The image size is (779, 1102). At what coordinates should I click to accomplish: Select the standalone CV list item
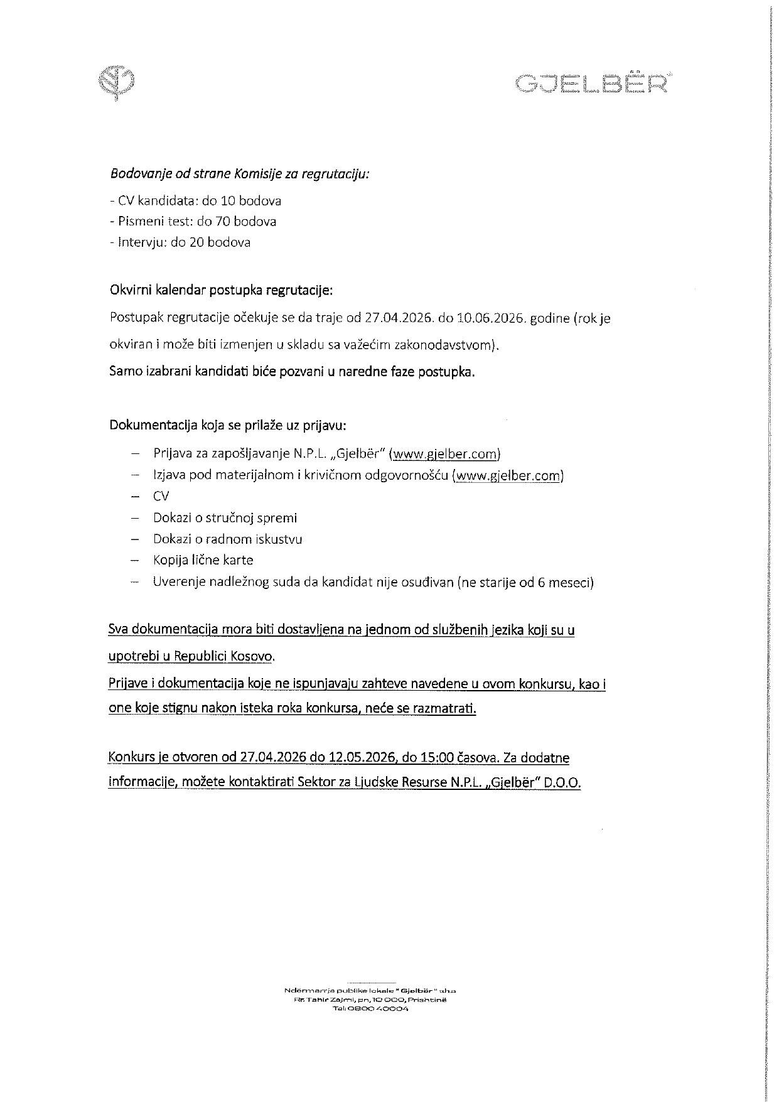tap(161, 497)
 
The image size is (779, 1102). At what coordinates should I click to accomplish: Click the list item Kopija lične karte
tap(203, 560)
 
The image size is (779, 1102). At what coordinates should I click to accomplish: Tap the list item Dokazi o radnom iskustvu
tap(227, 539)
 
